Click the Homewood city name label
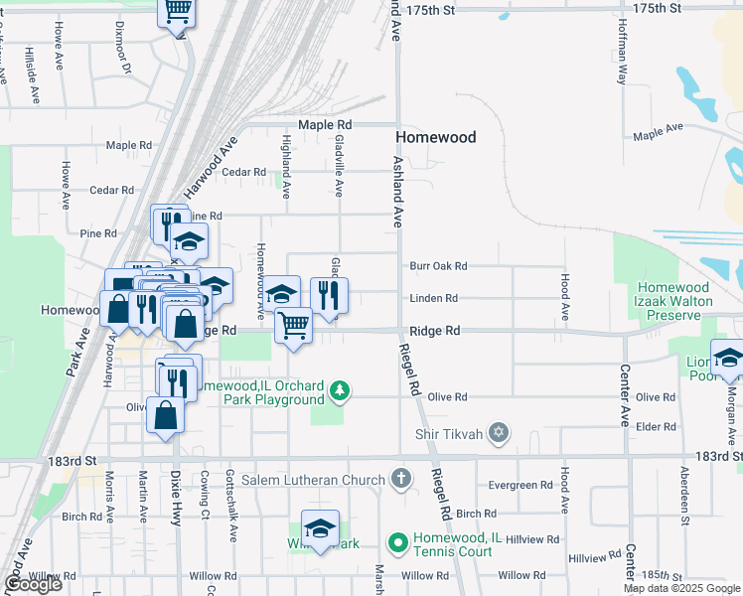coord(435,137)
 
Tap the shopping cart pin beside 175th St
coord(177,12)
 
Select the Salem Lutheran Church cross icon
coord(400,480)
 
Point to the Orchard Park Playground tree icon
coord(341,390)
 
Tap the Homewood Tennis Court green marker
coord(397,542)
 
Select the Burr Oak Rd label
coord(438,266)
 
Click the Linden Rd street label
coord(433,298)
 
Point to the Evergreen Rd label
coord(520,486)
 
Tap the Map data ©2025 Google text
coord(681,588)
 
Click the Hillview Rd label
coord(532,538)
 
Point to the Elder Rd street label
coord(656,426)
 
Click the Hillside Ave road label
coord(33,74)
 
